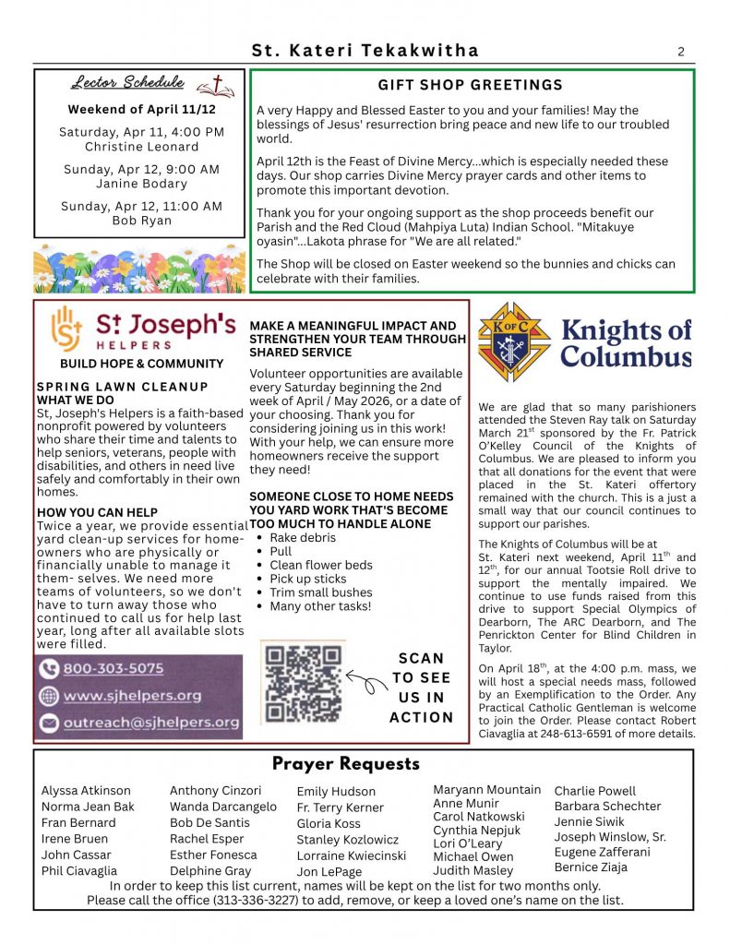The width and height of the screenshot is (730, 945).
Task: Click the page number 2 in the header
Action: point(681,52)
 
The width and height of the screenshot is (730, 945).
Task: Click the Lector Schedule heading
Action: point(126,84)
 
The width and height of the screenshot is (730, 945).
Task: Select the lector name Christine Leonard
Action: point(141,147)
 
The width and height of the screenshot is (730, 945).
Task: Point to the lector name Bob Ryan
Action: point(141,221)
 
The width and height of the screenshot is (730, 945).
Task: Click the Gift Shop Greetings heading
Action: point(471,85)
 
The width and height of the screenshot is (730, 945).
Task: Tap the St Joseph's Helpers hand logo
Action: point(65,329)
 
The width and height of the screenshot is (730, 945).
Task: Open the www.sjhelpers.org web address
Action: point(132,695)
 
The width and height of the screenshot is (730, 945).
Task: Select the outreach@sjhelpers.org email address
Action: point(151,723)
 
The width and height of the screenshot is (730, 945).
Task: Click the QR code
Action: point(303,682)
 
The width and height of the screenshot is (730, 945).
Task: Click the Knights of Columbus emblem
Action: point(513,341)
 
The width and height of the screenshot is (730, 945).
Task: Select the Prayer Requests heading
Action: point(345,764)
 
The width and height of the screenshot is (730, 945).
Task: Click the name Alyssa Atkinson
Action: point(86,791)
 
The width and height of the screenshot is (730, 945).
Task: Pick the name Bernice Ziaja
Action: point(591,867)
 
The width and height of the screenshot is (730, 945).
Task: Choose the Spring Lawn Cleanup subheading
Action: point(122,387)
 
